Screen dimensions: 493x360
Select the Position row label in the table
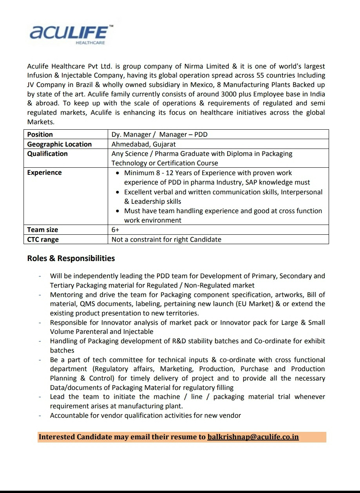(x=40, y=134)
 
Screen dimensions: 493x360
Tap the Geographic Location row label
(x=59, y=144)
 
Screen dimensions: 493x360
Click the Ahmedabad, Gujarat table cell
(x=143, y=144)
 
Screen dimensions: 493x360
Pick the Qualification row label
(x=47, y=154)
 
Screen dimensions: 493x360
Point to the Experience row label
(x=44, y=172)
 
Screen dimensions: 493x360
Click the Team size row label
(x=42, y=230)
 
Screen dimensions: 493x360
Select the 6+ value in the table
(x=115, y=230)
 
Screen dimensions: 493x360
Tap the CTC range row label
(x=43, y=239)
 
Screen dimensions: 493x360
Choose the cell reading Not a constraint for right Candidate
(x=166, y=239)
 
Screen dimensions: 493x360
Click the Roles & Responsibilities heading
(x=71, y=258)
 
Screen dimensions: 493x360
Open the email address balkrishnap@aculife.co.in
(x=253, y=437)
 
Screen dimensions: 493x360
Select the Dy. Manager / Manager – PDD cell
(x=159, y=134)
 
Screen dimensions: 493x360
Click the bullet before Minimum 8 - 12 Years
(x=118, y=173)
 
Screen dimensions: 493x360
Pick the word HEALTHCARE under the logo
(x=90, y=43)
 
